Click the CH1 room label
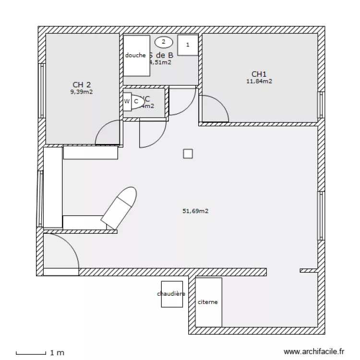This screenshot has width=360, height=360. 259,74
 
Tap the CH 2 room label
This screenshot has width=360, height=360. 82,85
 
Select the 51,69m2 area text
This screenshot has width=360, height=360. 195,210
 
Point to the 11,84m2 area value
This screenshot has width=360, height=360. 259,81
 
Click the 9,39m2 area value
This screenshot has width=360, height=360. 82,92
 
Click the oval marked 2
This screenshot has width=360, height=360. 164,42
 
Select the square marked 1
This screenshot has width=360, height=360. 188,45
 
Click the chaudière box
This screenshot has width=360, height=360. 171,294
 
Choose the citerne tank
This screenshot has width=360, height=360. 208,302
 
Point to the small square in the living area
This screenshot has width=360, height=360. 188,154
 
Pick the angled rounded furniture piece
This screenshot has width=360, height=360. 120,207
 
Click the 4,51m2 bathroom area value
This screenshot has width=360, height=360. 160,62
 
